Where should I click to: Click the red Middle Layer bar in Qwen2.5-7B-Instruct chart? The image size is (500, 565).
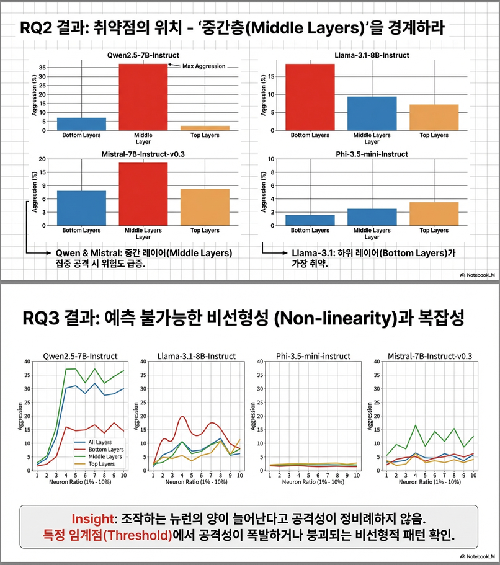tap(143, 97)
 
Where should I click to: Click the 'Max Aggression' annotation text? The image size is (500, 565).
tap(203, 66)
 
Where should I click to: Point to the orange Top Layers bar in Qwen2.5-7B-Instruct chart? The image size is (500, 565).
tap(205, 128)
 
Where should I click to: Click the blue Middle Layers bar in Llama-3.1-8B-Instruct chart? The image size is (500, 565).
tap(372, 113)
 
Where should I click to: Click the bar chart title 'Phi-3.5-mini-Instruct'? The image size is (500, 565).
tap(372, 151)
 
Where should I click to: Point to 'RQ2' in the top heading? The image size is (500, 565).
tap(37, 28)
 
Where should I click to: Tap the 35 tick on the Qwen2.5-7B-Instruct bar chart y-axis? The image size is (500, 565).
tap(42, 66)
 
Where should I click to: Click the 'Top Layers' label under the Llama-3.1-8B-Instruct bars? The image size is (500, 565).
tap(434, 135)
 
